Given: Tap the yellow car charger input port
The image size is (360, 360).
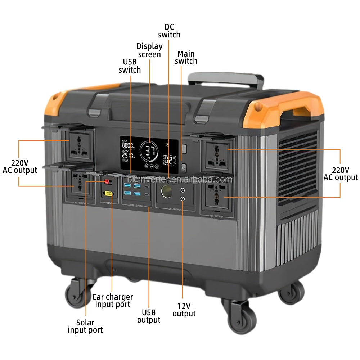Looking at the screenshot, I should point(108,194).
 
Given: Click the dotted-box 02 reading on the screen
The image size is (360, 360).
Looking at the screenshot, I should point(169,160).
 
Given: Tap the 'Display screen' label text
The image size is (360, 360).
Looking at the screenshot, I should point(149,50).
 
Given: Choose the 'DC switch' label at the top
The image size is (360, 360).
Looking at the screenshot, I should point(169,31).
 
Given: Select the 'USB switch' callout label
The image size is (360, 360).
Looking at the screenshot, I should point(130,66).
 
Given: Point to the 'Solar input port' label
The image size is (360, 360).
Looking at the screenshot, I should point(85,326).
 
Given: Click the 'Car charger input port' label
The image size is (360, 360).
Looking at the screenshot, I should point(113,301).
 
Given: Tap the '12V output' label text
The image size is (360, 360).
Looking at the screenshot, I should point(184,310).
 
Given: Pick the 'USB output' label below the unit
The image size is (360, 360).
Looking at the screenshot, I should point(149,316).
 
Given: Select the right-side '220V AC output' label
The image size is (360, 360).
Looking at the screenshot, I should point(341,174).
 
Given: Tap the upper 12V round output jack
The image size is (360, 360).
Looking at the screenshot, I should point(183,190).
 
